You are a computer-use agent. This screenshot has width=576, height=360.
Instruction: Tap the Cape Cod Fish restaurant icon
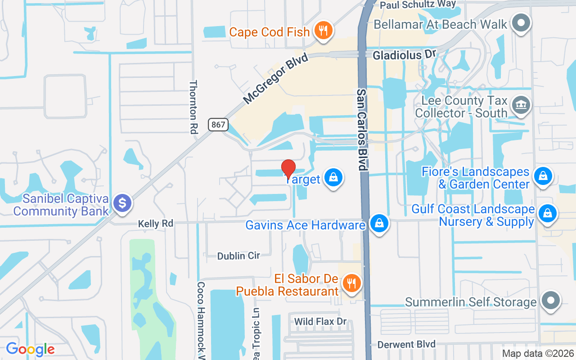tap(323, 31)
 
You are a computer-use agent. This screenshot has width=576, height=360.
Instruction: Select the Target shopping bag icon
tap(333, 178)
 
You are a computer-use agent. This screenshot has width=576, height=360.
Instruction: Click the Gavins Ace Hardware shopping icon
tap(379, 223)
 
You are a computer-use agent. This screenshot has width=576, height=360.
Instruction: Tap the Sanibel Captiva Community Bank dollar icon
tap(122, 203)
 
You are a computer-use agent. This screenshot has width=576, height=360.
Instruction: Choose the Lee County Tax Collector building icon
tap(521, 105)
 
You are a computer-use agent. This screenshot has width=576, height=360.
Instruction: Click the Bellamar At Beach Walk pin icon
tap(521, 23)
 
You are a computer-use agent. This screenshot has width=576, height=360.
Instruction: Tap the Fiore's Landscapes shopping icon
tap(543, 176)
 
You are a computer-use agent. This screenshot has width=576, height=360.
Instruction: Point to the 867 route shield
tap(218, 125)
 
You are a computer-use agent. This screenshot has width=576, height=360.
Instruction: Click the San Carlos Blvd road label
tap(362, 129)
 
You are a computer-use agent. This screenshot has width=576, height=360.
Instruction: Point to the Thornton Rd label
tap(194, 107)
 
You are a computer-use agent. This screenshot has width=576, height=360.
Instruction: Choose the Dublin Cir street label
tap(238, 256)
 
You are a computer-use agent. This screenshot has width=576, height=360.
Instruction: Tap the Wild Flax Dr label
tap(320, 321)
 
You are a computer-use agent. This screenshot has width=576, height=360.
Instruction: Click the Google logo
tap(30, 349)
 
